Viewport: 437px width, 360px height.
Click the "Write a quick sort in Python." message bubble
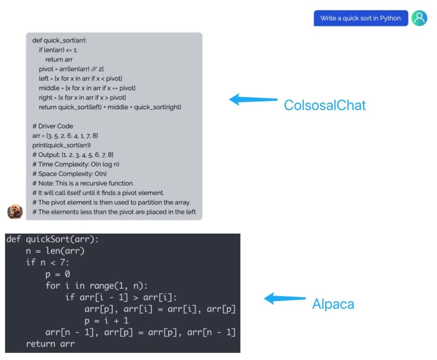[361, 18]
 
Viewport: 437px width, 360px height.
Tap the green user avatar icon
[419, 18]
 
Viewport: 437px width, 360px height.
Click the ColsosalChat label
[325, 105]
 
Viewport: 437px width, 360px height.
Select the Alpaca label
[333, 304]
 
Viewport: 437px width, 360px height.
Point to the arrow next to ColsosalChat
[254, 99]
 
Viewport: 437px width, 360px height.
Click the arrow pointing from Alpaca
[285, 299]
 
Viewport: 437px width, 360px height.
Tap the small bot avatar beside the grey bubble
[15, 211]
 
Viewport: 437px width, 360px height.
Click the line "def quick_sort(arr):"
[59, 40]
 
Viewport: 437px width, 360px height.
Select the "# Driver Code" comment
[53, 126]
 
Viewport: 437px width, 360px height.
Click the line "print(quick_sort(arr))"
[62, 145]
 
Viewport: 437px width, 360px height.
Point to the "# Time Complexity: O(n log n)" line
[76, 164]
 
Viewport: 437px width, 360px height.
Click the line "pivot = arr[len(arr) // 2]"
[71, 69]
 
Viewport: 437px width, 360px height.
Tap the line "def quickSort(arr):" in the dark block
[53, 239]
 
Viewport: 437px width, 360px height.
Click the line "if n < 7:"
[47, 262]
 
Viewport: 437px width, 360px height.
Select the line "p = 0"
[57, 274]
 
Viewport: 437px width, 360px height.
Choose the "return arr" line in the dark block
[50, 344]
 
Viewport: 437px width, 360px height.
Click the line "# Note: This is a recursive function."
[83, 183]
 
